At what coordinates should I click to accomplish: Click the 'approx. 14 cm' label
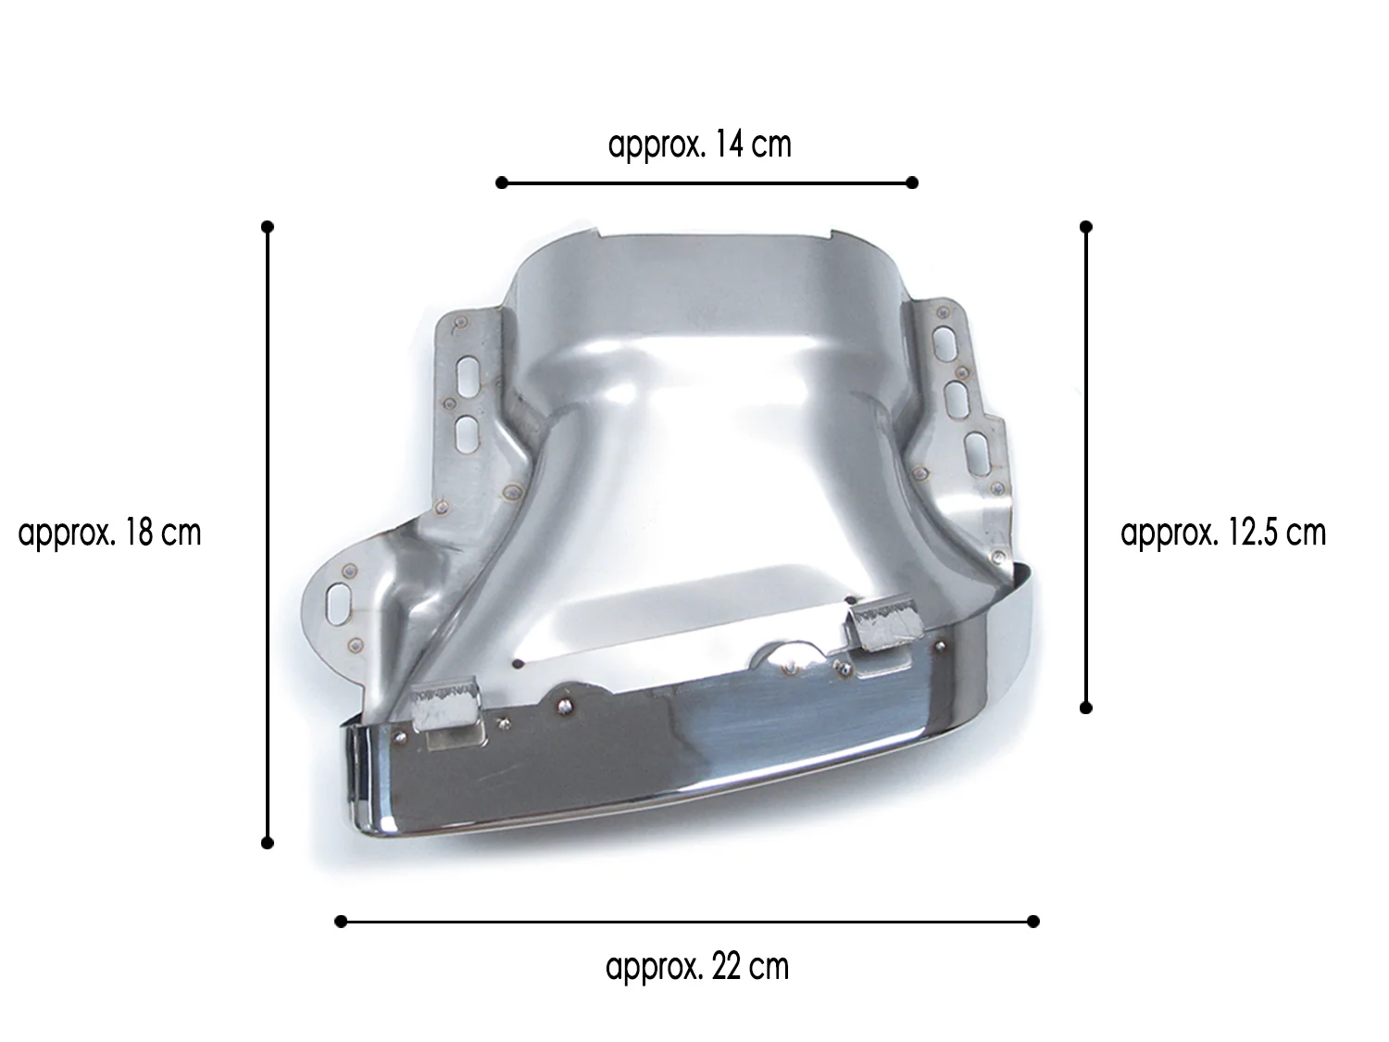click(x=699, y=144)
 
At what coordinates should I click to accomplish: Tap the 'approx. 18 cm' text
click(x=109, y=533)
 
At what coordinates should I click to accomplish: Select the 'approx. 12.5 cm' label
click(x=1222, y=533)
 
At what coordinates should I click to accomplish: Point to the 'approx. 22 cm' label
click(x=696, y=967)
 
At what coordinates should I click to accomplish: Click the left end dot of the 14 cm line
click(x=502, y=182)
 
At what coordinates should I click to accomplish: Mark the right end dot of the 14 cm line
click(x=912, y=182)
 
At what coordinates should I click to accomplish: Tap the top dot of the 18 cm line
click(x=267, y=227)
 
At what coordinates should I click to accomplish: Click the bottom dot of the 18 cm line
click(x=267, y=843)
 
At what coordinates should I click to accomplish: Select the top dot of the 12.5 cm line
click(x=1086, y=227)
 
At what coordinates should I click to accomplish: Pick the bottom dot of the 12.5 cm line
click(x=1086, y=708)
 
